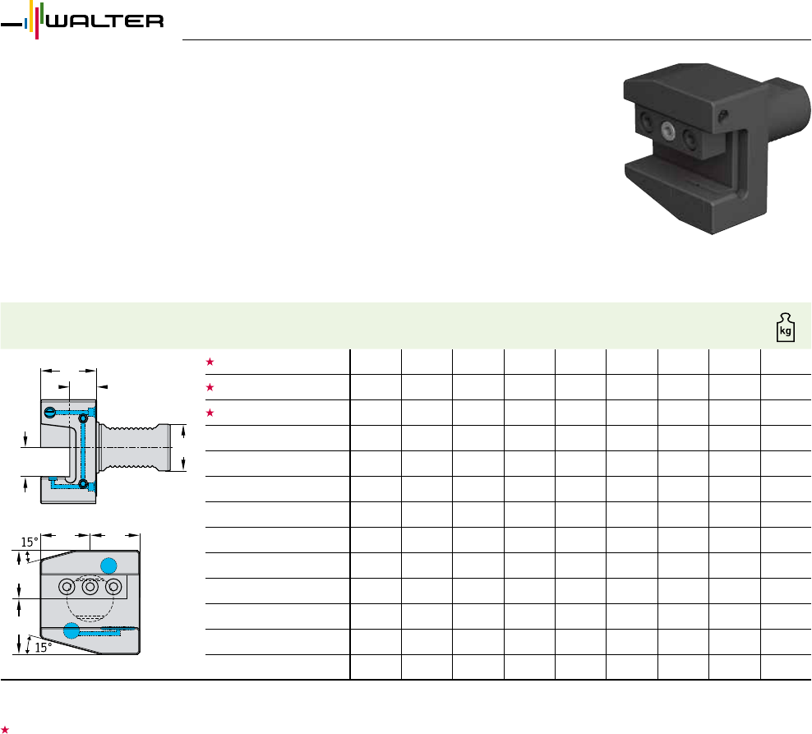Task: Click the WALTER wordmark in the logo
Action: [x=105, y=21]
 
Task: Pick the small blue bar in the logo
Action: [x=26, y=23]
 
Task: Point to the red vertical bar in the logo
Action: [x=37, y=21]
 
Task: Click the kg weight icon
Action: [x=786, y=327]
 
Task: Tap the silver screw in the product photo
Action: [x=667, y=131]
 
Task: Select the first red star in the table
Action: [x=210, y=362]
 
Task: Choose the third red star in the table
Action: [x=210, y=413]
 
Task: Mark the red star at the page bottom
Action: [x=5, y=729]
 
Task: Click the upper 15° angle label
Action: [x=29, y=542]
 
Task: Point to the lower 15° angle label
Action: [x=44, y=648]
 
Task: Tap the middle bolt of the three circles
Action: [x=90, y=587]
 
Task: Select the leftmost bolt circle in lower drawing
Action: [x=67, y=587]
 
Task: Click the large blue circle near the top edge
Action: [x=108, y=566]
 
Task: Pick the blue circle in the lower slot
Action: [x=72, y=630]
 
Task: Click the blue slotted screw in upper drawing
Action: [x=49, y=413]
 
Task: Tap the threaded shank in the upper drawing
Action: [x=135, y=447]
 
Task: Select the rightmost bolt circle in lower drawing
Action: [x=113, y=587]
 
